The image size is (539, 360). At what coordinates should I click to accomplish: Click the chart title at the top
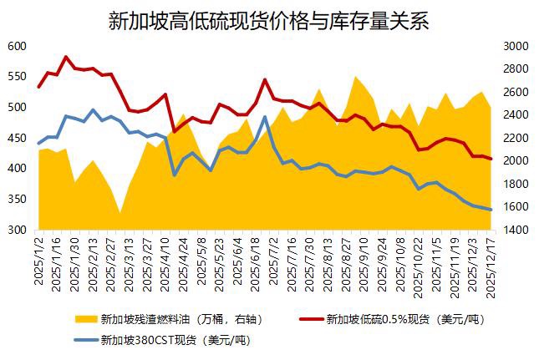pyautogui.click(x=269, y=20)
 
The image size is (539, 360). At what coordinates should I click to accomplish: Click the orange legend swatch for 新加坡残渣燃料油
pyautogui.click(x=84, y=319)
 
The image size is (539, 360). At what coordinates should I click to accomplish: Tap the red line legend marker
pyautogui.click(x=311, y=319)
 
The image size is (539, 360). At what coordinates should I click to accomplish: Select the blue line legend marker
pyautogui.click(x=84, y=340)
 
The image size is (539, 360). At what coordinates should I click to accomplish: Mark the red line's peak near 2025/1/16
pyautogui.click(x=66, y=57)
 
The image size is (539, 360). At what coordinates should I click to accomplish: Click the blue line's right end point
pyautogui.click(x=491, y=210)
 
